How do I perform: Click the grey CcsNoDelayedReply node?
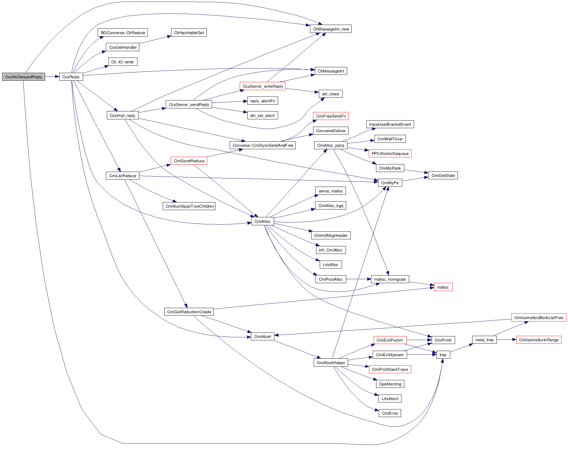[23, 77]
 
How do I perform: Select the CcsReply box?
[71, 77]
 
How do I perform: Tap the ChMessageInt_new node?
[331, 29]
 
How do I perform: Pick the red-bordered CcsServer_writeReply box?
[263, 86]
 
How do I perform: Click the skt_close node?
[330, 94]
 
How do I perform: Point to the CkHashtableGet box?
[189, 33]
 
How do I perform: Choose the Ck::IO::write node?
[123, 62]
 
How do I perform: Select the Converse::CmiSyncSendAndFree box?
[263, 145]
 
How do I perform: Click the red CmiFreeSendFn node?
[331, 116]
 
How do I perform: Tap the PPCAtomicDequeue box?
[390, 153]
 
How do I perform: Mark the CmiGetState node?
[443, 175]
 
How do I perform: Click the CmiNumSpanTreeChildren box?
[189, 206]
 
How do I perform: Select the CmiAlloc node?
[263, 221]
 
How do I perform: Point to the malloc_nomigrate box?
[390, 279]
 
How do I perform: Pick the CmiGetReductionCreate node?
[189, 312]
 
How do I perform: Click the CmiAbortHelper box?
[331, 363]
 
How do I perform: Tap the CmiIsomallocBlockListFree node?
[538, 318]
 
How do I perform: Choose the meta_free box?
[484, 340]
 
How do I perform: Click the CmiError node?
[390, 413]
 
